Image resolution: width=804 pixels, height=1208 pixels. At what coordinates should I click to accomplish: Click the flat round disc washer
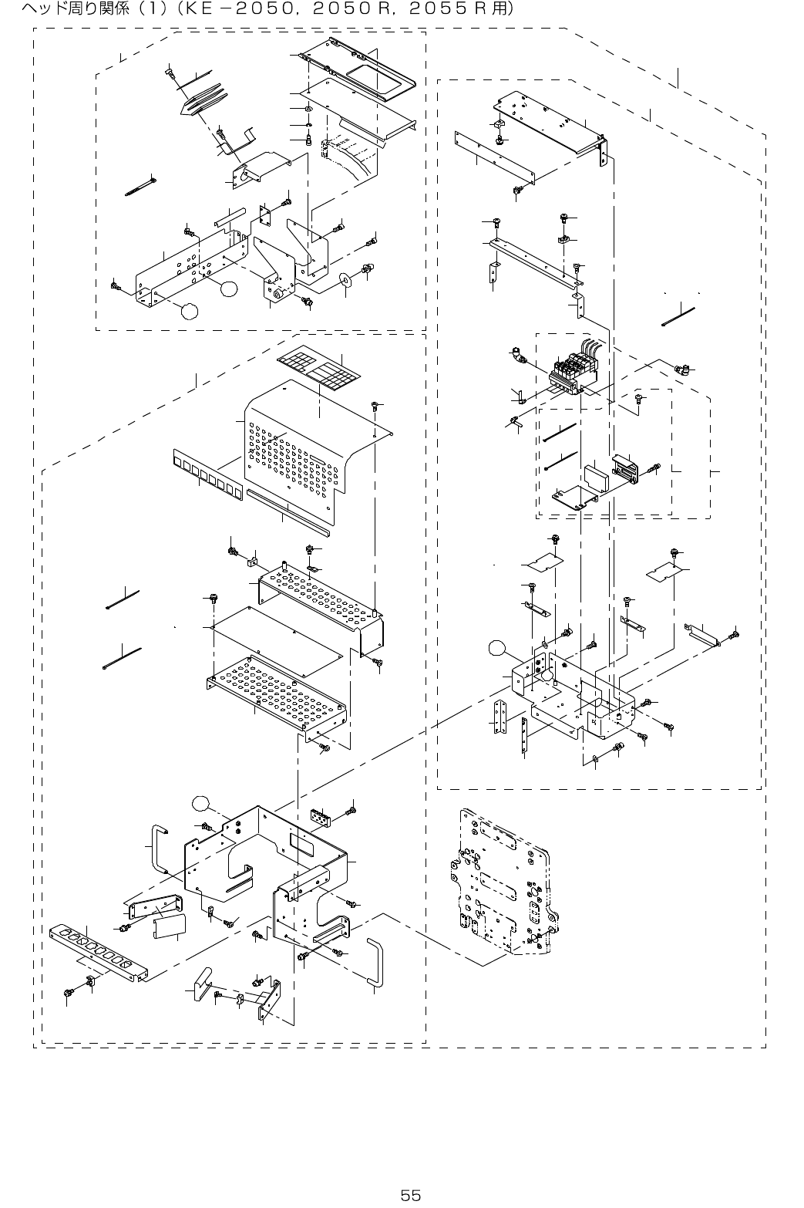coord(345,278)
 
